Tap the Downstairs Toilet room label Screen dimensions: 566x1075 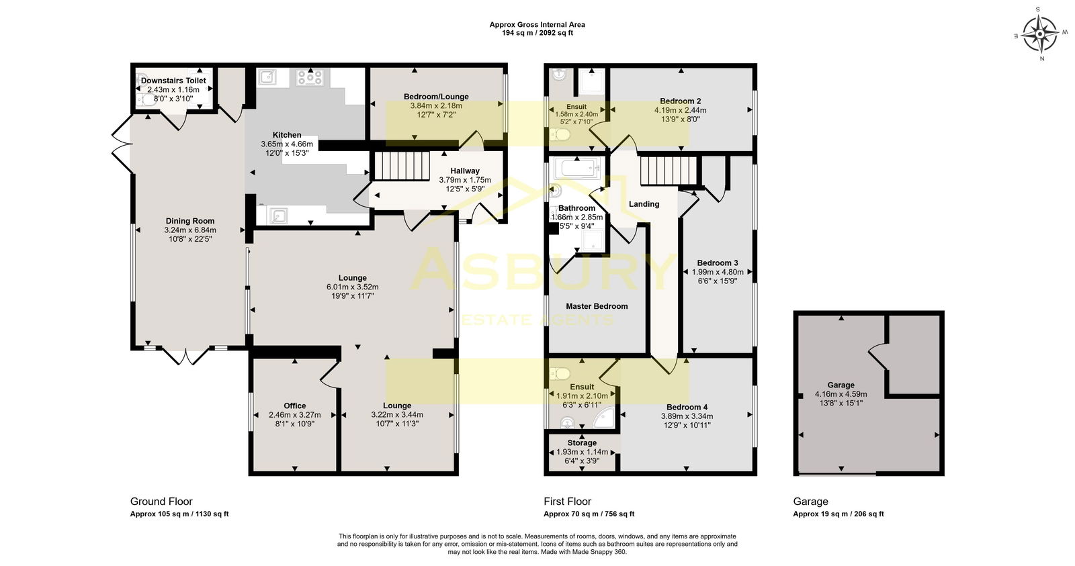(173, 81)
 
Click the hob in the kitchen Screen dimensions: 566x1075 (310, 78)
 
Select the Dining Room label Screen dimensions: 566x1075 (190, 221)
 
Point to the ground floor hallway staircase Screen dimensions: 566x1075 (401, 166)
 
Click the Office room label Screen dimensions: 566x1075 (295, 406)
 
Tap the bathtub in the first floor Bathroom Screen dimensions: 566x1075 (575, 167)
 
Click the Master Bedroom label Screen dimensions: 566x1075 (597, 306)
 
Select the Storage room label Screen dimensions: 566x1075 (582, 443)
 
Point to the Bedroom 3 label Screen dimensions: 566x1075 (718, 263)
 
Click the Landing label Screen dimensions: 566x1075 (644, 204)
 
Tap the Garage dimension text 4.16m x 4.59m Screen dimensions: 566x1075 (841, 394)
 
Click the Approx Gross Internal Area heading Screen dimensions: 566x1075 (537, 25)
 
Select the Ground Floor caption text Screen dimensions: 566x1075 (161, 502)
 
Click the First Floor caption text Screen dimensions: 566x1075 (568, 502)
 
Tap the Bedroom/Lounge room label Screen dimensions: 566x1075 (436, 97)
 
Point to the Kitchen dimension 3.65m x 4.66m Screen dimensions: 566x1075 (287, 144)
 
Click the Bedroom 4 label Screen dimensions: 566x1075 (687, 407)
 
